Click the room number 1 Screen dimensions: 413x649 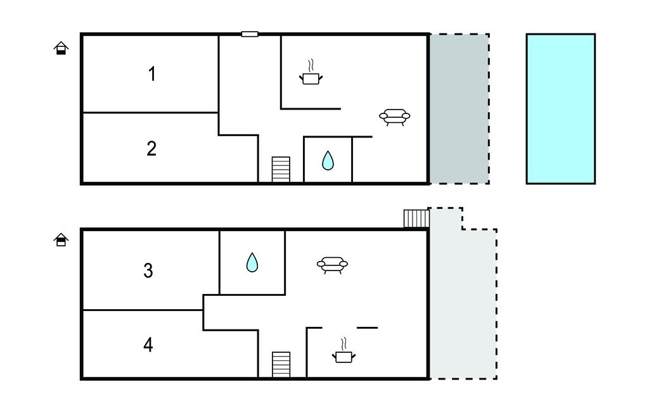(151, 74)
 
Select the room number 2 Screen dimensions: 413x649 (151, 148)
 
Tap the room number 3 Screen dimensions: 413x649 (148, 270)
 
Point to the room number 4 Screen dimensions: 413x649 (148, 345)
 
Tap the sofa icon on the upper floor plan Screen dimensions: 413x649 (394, 117)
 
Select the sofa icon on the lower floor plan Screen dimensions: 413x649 (333, 264)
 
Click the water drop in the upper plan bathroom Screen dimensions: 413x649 (328, 160)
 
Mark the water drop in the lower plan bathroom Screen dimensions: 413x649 (252, 262)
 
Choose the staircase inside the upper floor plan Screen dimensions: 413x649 (281, 170)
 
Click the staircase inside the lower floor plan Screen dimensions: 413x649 (281, 365)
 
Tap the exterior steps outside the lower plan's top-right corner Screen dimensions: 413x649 (416, 219)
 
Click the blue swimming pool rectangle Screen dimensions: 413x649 (560, 109)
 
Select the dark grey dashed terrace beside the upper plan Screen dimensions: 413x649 (459, 109)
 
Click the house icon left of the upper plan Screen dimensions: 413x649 (61, 48)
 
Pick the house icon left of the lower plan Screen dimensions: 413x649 (61, 239)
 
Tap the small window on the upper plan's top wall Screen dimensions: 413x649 (250, 34)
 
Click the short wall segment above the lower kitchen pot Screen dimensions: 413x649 (368, 327)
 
